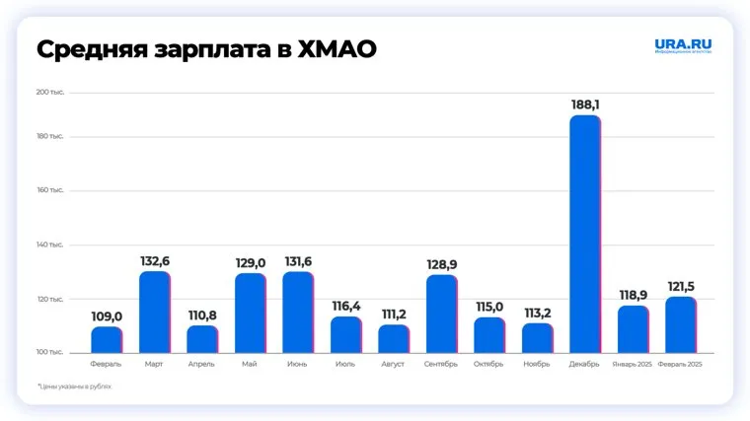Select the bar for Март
coord(154,312)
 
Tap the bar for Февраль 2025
coord(681,324)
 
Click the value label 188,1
coord(585,104)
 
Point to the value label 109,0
coord(107,316)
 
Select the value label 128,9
coord(441,264)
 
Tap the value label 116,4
coord(345,307)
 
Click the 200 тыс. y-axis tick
coord(50,93)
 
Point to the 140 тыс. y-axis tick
coord(50,245)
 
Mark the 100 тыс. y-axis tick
coord(50,352)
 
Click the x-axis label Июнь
coord(297,364)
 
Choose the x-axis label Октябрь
coord(488,364)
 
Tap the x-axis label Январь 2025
coord(633,364)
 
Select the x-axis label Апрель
coord(201,364)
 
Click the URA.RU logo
coord(682,46)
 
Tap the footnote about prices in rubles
coord(75,386)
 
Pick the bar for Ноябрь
coord(537,337)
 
